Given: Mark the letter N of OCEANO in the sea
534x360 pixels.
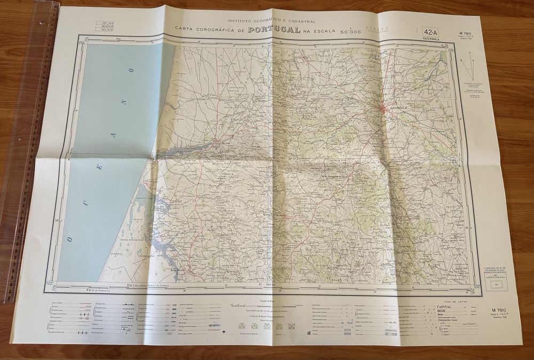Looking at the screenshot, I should pyautogui.click(x=123, y=101).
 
